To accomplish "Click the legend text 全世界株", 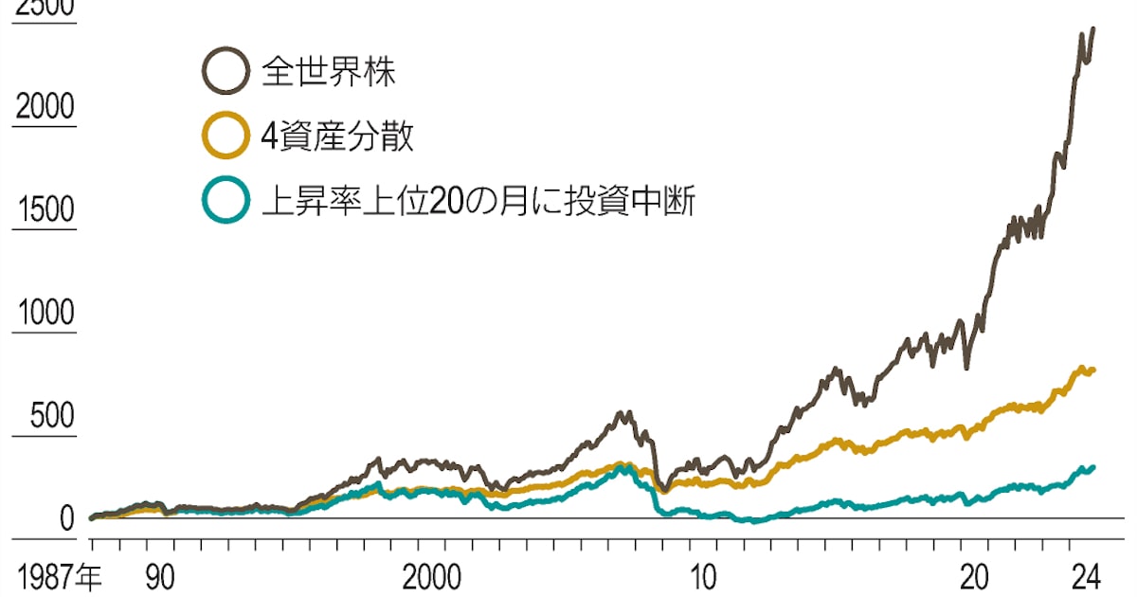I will (329, 72).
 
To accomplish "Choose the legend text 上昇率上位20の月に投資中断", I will (478, 202).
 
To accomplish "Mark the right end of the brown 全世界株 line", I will (1093, 28).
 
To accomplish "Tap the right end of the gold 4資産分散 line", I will (1093, 370).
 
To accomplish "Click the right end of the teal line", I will (1093, 467).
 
